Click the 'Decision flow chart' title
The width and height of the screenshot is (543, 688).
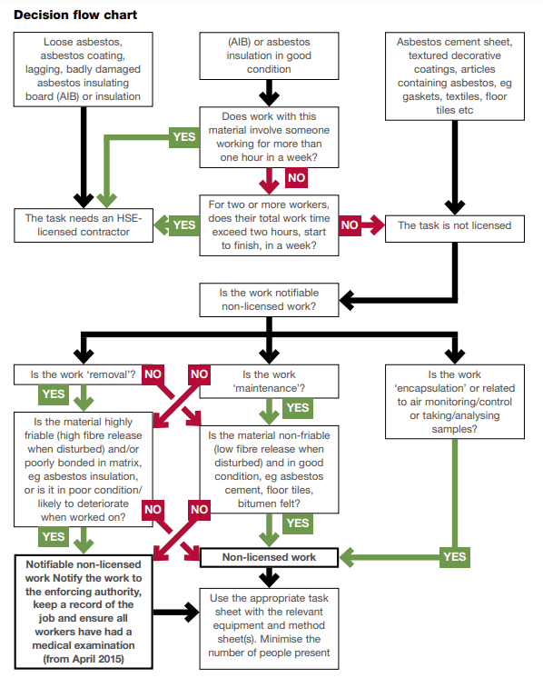click(75, 15)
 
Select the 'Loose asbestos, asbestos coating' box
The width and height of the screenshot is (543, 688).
click(84, 69)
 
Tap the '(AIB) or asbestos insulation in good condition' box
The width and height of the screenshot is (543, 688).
click(269, 55)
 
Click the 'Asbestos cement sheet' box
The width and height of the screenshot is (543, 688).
click(455, 76)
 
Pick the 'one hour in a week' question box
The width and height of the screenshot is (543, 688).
click(269, 137)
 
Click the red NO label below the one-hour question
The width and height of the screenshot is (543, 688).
click(296, 178)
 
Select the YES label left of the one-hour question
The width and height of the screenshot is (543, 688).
click(184, 137)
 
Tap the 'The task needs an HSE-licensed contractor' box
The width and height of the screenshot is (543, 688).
click(84, 225)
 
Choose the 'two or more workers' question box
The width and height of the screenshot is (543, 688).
click(269, 225)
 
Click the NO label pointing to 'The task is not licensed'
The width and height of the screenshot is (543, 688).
click(350, 225)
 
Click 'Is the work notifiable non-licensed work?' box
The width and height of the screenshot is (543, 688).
click(269, 300)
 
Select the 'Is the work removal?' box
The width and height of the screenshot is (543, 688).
click(78, 374)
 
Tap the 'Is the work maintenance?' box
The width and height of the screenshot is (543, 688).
click(269, 382)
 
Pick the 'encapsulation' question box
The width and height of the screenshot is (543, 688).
click(455, 402)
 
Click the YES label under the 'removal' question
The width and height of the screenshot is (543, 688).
click(54, 394)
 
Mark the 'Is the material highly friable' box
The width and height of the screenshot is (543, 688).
click(84, 469)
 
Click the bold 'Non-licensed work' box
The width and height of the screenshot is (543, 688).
click(269, 557)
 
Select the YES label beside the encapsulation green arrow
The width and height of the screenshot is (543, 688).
click(455, 557)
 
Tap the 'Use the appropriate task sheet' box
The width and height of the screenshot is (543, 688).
click(269, 629)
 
